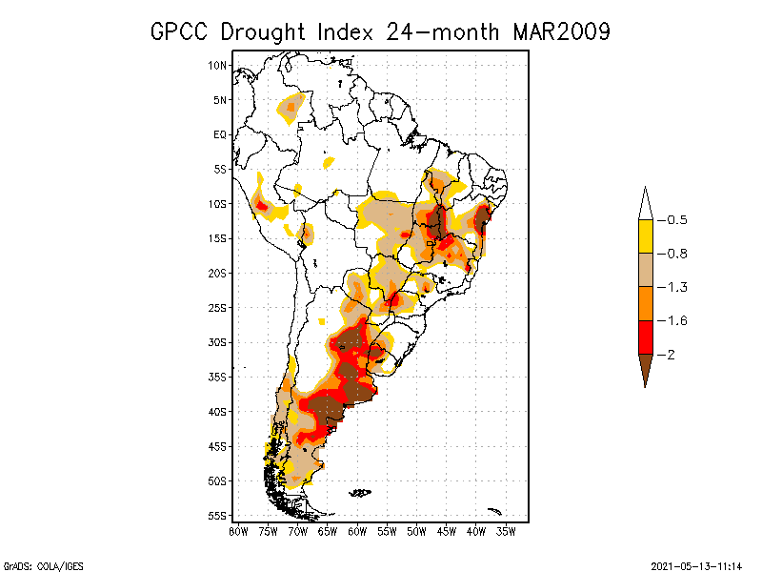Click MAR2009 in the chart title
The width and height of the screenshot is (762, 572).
[x=561, y=31]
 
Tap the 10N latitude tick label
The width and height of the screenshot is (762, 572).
[x=218, y=65]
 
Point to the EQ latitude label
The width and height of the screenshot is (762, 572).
[x=220, y=134]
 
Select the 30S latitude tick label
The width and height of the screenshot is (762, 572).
[x=218, y=342]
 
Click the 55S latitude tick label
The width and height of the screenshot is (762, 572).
[x=218, y=516]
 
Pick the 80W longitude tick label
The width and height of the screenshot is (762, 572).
[x=238, y=531]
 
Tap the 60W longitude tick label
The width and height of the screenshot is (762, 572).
[x=357, y=531]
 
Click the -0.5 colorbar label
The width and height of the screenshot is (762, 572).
[x=674, y=220]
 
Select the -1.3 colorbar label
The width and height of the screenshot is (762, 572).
[x=674, y=287]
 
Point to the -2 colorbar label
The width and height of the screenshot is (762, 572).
[x=670, y=355]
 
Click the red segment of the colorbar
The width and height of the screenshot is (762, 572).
[x=645, y=337]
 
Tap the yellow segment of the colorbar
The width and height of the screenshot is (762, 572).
[x=645, y=236]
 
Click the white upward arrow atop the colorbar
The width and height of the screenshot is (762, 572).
[x=645, y=204]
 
